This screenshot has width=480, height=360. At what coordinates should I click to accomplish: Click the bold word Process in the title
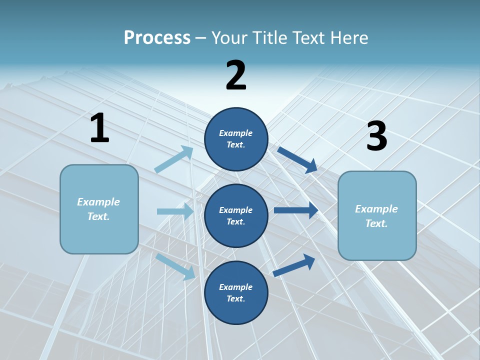[x=157, y=37]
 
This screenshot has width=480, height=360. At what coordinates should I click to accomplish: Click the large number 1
[x=99, y=128]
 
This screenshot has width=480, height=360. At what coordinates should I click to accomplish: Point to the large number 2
[x=236, y=75]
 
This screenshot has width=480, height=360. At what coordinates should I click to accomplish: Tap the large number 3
[x=376, y=136]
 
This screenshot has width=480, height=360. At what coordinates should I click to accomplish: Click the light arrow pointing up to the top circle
[x=173, y=159]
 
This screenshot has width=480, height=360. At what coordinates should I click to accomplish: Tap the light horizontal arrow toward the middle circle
[x=175, y=211]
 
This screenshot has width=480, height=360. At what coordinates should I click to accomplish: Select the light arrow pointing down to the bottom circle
[x=175, y=266]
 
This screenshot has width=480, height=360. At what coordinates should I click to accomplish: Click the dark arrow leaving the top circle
[x=297, y=159]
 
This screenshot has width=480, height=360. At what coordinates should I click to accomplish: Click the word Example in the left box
[x=98, y=202]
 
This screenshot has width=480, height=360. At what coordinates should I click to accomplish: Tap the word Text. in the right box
[x=376, y=223]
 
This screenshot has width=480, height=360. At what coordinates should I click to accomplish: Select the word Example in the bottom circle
[x=235, y=287]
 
